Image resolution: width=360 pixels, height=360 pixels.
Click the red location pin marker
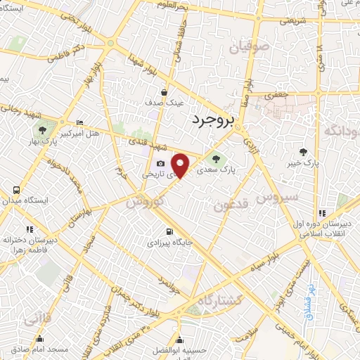tap(181, 165)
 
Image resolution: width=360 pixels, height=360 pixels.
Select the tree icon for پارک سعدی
tap(216, 158)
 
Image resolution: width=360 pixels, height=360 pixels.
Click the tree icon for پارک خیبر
tap(304, 151)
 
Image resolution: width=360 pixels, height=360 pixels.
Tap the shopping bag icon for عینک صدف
tap(164, 91)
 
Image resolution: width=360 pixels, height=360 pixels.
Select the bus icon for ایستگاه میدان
tap(15, 191)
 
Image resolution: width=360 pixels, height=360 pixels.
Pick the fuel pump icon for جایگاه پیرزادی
tap(168, 231)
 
